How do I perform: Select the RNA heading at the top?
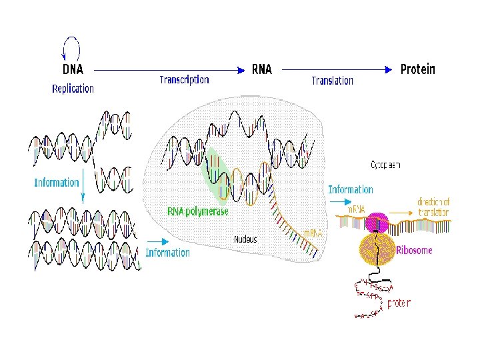tap(262, 69)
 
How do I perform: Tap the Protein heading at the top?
tap(417, 69)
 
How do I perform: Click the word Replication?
tap(73, 89)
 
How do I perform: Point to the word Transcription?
tap(184, 80)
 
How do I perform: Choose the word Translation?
tap(332, 81)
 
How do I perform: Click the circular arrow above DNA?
tap(71, 47)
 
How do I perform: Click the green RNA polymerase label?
tap(198, 211)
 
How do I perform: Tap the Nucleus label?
tap(245, 239)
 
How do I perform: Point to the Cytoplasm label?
tap(385, 165)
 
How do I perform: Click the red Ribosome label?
tap(414, 251)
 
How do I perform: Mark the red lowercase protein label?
tap(399, 303)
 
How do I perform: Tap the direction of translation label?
tap(433, 207)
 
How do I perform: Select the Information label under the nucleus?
tap(167, 253)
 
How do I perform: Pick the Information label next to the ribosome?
tap(350, 190)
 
